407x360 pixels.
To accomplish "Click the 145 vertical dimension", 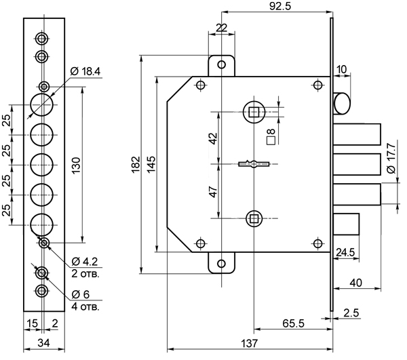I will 151,164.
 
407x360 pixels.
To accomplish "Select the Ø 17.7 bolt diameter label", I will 391,163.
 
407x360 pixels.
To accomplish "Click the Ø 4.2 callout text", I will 85,261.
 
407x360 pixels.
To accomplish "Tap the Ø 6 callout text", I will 81,294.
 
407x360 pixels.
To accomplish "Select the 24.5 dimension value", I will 347,253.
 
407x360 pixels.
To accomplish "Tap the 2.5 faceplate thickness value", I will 351,313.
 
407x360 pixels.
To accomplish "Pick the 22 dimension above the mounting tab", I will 220,27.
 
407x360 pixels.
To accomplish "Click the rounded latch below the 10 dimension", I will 343,104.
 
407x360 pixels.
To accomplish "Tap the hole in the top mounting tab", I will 220,65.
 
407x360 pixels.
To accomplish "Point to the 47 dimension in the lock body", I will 213,192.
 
